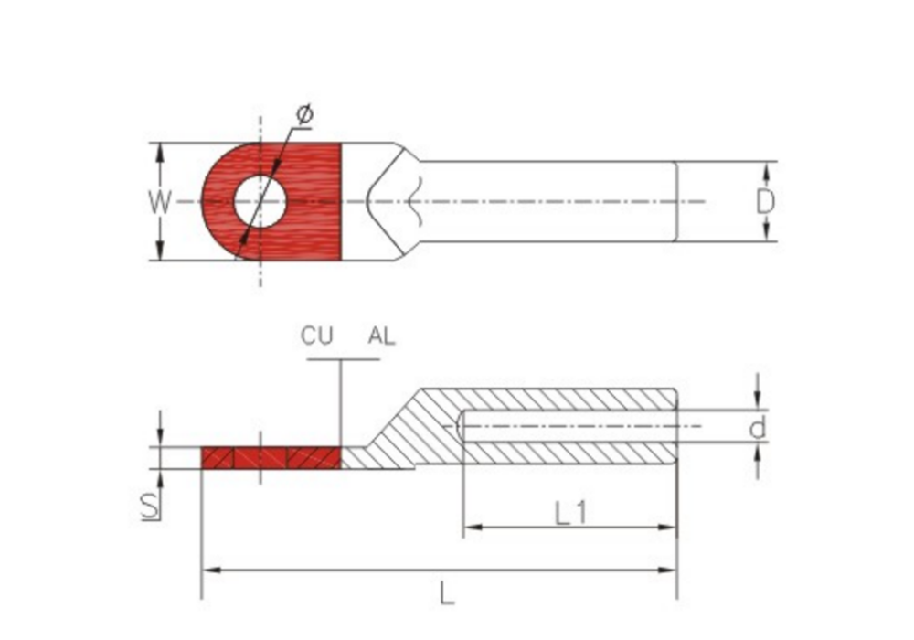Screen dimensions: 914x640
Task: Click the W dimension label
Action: click(x=159, y=202)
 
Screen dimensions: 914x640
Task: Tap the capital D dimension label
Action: click(x=765, y=202)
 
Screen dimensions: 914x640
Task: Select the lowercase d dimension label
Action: click(x=757, y=428)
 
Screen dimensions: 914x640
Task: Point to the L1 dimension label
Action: click(x=570, y=514)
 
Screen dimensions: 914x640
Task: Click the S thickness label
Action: click(x=151, y=507)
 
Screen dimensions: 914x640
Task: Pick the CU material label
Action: click(x=316, y=336)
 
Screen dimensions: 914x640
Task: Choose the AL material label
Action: click(x=381, y=336)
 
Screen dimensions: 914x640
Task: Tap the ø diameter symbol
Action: click(x=304, y=113)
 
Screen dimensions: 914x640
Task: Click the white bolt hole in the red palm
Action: click(x=260, y=201)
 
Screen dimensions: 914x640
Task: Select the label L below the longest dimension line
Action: click(x=446, y=594)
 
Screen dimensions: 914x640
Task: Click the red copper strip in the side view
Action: click(x=271, y=457)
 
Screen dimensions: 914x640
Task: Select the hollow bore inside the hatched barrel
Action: click(x=569, y=426)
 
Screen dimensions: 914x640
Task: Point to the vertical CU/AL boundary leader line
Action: click(x=340, y=403)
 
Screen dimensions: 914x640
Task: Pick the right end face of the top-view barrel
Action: click(x=676, y=201)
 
